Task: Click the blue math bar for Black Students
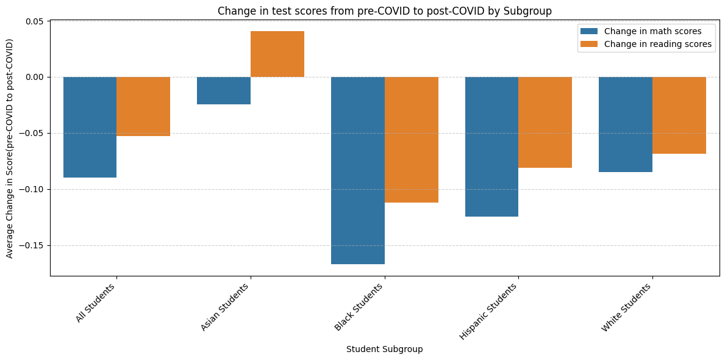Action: coord(358,170)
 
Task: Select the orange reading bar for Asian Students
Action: coord(277,54)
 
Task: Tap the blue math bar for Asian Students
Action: coord(224,90)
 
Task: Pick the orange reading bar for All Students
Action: coord(143,106)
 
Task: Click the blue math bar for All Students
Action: coord(90,127)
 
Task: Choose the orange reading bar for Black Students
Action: coord(412,140)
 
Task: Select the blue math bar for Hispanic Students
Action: coord(491,146)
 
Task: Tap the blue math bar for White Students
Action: coord(626,124)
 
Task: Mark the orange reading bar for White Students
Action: coord(679,115)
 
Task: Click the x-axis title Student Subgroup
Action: coord(384,350)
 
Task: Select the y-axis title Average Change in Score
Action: coord(10,148)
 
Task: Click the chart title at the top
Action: coord(384,10)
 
